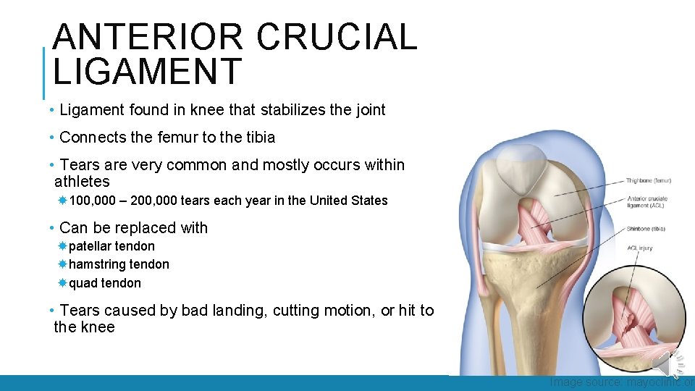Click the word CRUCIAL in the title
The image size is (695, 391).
pos(337,38)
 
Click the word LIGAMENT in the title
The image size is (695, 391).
pos(147,72)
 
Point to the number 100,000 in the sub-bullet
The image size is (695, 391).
pos(94,201)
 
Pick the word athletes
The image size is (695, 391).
pos(82,181)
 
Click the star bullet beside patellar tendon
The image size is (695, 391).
pos(63,246)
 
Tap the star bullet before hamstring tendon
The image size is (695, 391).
pos(63,264)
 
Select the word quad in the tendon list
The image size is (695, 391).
pos(83,283)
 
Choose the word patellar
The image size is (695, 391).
pos(91,246)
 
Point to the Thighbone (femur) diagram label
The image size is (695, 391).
pos(649,180)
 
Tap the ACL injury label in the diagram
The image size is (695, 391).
pos(640,248)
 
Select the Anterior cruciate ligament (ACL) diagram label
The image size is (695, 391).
pos(647,202)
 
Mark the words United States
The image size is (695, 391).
pos(349,201)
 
